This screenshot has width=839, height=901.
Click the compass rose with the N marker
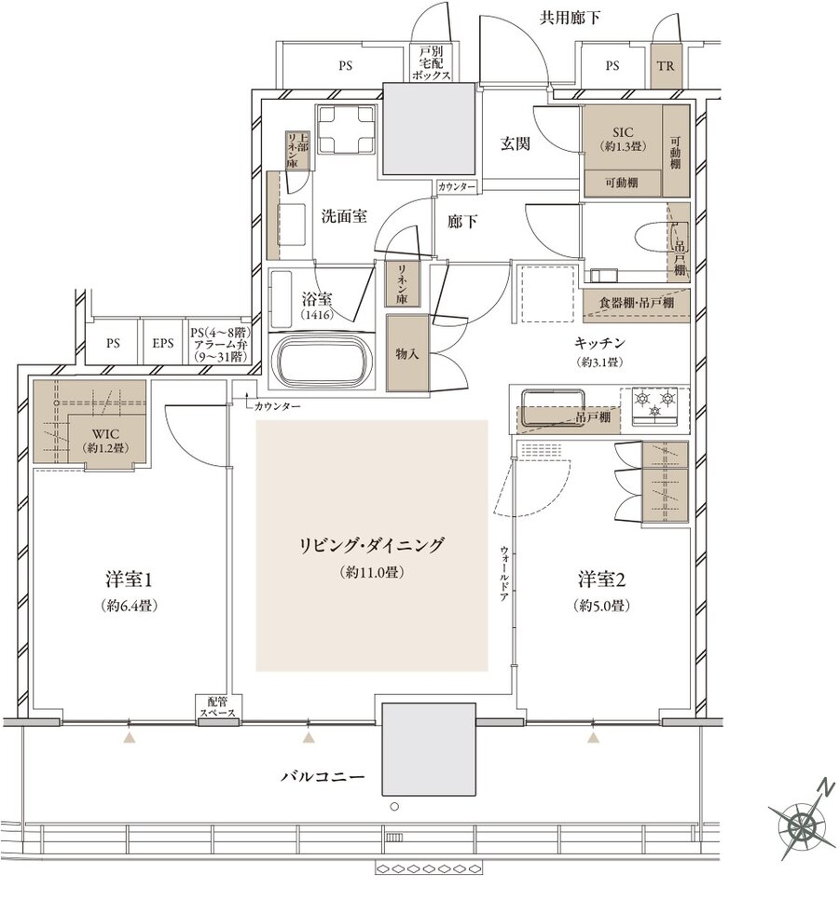(802, 823)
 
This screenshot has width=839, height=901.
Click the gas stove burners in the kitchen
(653, 404)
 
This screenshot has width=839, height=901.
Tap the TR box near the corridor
(665, 66)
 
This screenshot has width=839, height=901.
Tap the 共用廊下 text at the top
(569, 19)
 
